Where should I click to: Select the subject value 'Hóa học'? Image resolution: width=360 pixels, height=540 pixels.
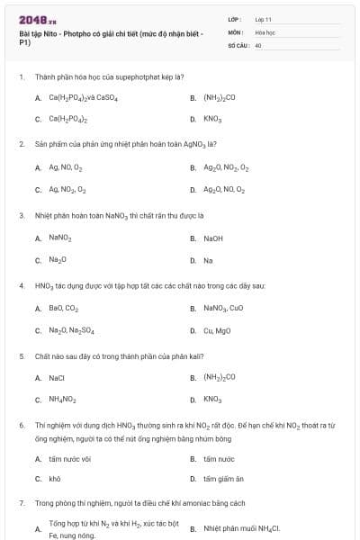click(265, 31)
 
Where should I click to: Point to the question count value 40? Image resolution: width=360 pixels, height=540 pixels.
click(258, 43)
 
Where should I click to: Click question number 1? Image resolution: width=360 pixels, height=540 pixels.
click(21, 77)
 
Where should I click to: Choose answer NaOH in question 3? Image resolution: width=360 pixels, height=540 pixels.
click(213, 238)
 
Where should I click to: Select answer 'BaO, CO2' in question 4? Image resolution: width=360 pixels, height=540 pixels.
click(64, 308)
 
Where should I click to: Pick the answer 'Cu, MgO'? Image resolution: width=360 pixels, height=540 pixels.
click(217, 330)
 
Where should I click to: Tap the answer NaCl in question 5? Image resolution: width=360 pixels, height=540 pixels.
click(57, 378)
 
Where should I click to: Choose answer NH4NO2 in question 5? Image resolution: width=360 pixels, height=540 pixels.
click(63, 400)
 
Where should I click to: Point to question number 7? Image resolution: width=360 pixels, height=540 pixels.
click(21, 503)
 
